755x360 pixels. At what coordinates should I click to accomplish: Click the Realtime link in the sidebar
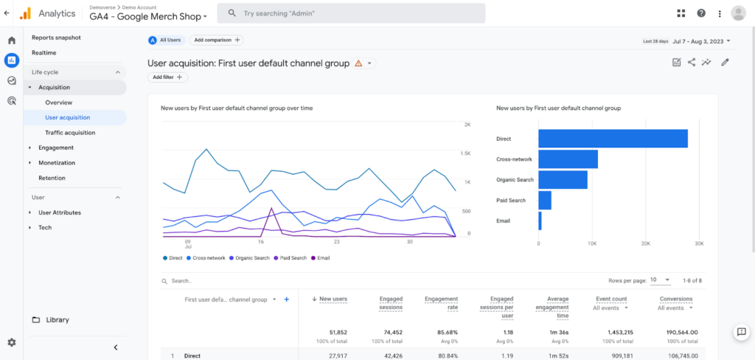coord(44,52)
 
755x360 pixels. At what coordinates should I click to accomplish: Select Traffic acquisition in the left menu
coord(70,133)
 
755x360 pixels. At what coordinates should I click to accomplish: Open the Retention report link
coord(52,178)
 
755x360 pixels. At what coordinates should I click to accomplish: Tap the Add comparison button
coord(216,41)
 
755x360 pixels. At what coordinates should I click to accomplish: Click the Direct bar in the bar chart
coord(612,139)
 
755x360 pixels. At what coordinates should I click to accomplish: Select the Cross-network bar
coord(568,159)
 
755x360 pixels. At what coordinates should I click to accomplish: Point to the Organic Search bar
coord(563,179)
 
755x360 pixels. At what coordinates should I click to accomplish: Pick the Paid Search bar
coord(545,200)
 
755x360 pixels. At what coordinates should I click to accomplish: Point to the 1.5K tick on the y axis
coord(465,153)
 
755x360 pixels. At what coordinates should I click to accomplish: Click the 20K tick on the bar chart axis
coord(645,243)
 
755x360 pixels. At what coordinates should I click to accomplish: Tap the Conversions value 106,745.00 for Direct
coord(678,356)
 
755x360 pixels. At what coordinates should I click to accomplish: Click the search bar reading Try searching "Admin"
coord(354,13)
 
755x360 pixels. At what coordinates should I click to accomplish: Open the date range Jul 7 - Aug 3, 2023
coord(686,41)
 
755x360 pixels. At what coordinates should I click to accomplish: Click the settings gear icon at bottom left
coord(11,342)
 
